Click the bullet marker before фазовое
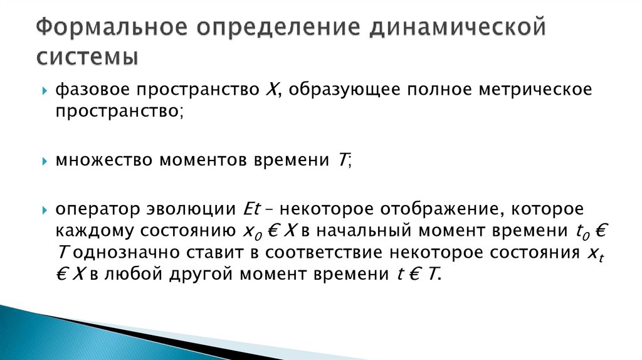click(x=45, y=92)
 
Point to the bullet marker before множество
click(x=45, y=162)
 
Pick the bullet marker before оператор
click(x=45, y=209)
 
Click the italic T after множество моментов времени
click(x=342, y=161)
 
